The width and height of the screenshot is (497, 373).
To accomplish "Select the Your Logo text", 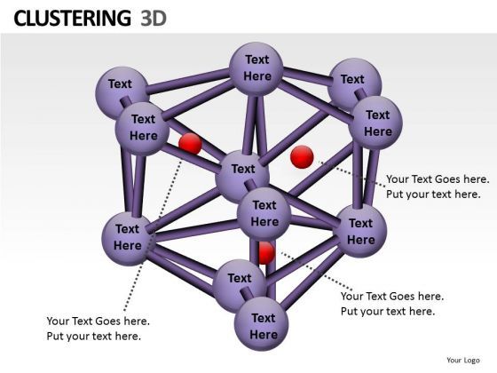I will click(x=463, y=360).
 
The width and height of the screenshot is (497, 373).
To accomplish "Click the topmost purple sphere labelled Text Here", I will click(x=256, y=67).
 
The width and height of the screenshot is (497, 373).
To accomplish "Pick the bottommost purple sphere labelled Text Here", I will click(x=263, y=326).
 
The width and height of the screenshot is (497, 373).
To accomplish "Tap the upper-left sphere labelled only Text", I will click(x=121, y=86).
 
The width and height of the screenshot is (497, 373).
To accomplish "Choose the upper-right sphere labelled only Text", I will click(x=353, y=81).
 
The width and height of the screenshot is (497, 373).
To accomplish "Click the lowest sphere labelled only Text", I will click(x=239, y=281).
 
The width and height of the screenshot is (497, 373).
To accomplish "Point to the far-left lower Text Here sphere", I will click(x=128, y=236).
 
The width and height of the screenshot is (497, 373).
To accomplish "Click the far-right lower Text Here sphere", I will click(x=360, y=231).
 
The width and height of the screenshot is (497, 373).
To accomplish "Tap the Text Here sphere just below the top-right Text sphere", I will click(x=377, y=123).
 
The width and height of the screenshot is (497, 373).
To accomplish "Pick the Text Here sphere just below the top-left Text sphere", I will click(x=143, y=127).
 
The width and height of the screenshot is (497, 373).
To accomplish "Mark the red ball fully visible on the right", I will click(x=302, y=157).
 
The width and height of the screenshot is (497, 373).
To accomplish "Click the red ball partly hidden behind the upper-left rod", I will click(x=190, y=144).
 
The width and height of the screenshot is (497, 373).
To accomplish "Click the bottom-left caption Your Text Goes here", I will click(x=98, y=321).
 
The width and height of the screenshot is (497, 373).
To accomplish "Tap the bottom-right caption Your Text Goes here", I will click(x=391, y=297).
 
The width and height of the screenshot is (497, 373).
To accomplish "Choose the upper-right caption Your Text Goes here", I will click(x=438, y=179).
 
